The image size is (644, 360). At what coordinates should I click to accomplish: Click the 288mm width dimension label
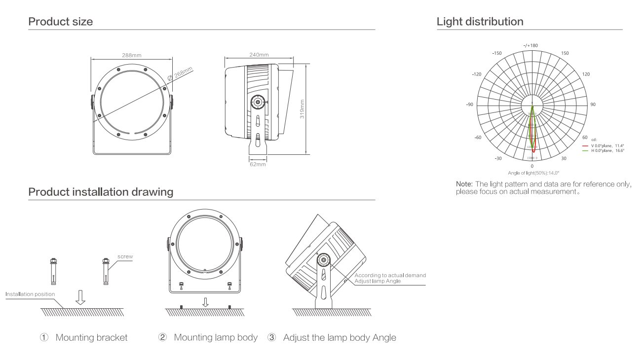click(130, 55)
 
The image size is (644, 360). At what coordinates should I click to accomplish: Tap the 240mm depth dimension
click(259, 55)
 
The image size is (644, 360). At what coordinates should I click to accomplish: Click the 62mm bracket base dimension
click(257, 164)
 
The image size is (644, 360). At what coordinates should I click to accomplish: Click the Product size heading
click(60, 22)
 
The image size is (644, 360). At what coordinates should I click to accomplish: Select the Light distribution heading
click(480, 22)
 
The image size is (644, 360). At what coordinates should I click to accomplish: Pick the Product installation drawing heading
click(101, 192)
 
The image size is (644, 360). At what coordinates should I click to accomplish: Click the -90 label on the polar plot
click(469, 105)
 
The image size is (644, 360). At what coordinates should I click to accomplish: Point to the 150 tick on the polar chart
click(565, 53)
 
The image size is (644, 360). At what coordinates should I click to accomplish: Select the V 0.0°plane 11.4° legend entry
click(603, 146)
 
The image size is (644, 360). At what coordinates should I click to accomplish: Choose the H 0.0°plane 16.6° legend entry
click(603, 150)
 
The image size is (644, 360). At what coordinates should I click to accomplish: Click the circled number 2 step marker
click(162, 338)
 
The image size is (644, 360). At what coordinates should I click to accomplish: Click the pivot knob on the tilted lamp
click(324, 260)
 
